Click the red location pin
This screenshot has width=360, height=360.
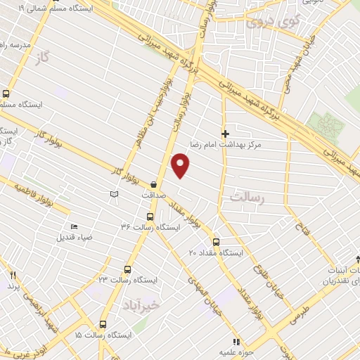click(x=181, y=165)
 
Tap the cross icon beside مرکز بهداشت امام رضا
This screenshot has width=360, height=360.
click(x=225, y=134)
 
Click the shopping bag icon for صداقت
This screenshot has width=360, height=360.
click(x=153, y=184)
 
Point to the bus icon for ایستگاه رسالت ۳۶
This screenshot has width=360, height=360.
click(x=149, y=217)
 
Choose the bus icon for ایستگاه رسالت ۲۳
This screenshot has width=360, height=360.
click(x=127, y=269)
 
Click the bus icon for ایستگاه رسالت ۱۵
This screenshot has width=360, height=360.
click(x=103, y=324)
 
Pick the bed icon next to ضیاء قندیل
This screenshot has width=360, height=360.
click(x=74, y=227)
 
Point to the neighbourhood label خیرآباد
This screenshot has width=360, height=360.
click(x=161, y=305)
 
